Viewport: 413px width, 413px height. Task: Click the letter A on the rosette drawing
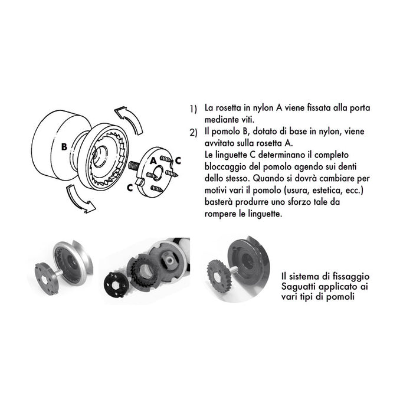153,160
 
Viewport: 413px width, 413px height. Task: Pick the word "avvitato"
220,142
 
